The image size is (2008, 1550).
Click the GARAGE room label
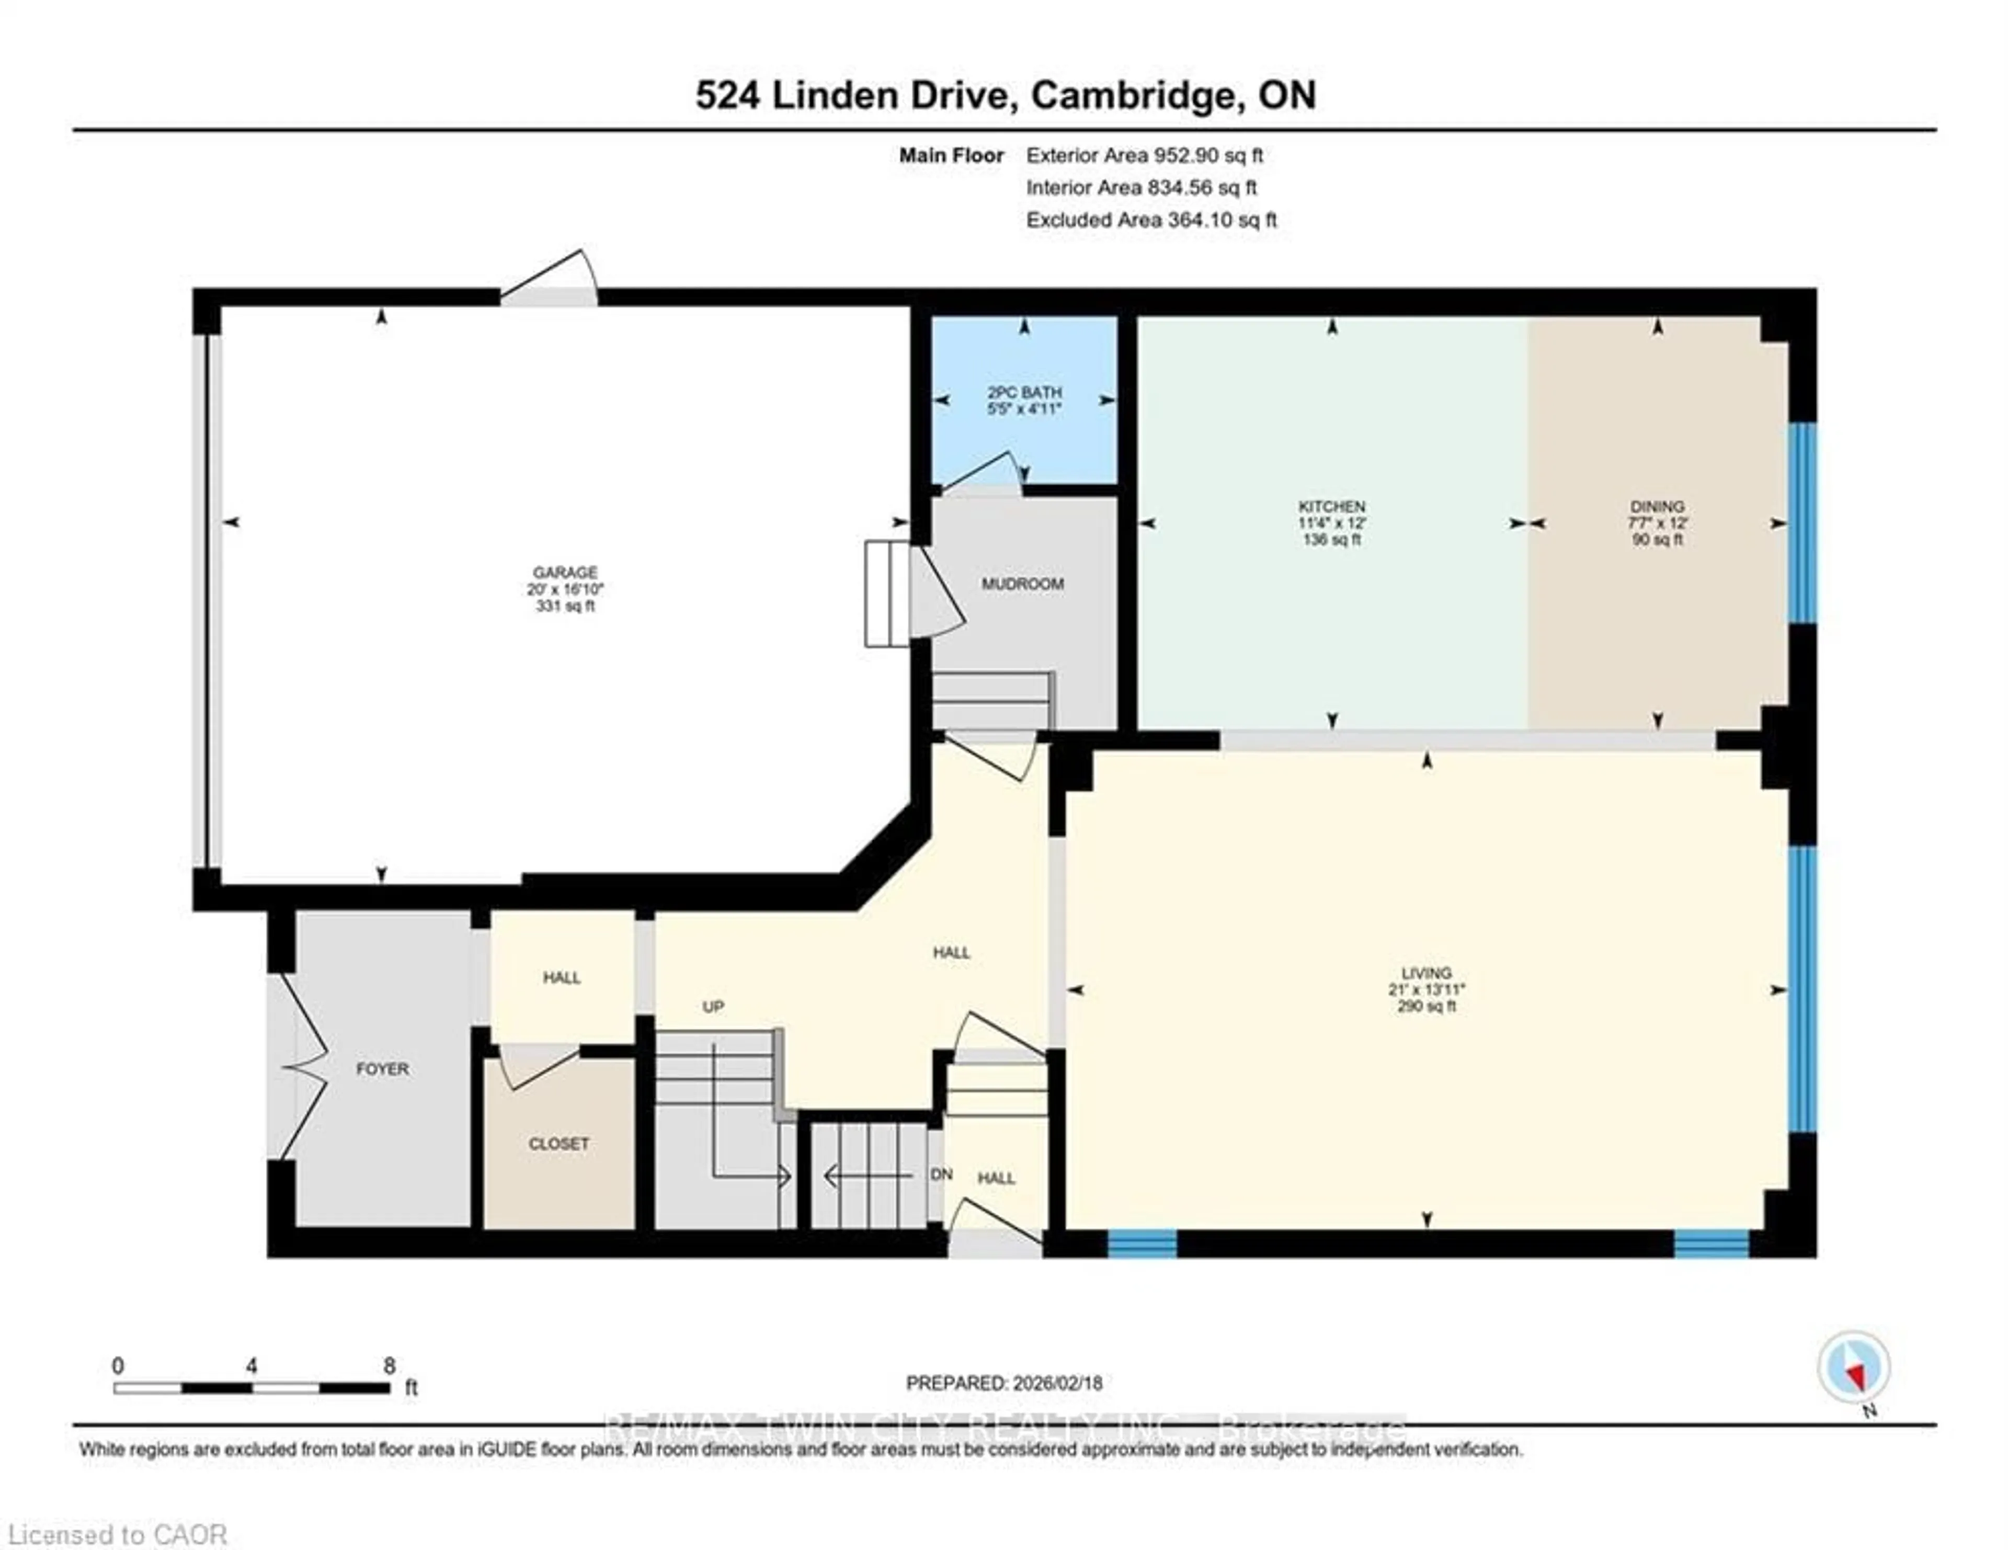[x=565, y=572]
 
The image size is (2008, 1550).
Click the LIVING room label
[x=1426, y=973]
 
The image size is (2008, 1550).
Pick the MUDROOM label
[x=1022, y=584]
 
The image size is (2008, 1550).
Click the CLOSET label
[x=558, y=1144]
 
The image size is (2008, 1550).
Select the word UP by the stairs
[x=713, y=1007]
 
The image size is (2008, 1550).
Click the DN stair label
[x=941, y=1175]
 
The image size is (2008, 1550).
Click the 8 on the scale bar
[x=389, y=1365]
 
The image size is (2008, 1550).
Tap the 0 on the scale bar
[x=118, y=1365]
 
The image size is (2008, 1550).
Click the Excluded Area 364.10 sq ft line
[x=1151, y=220]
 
